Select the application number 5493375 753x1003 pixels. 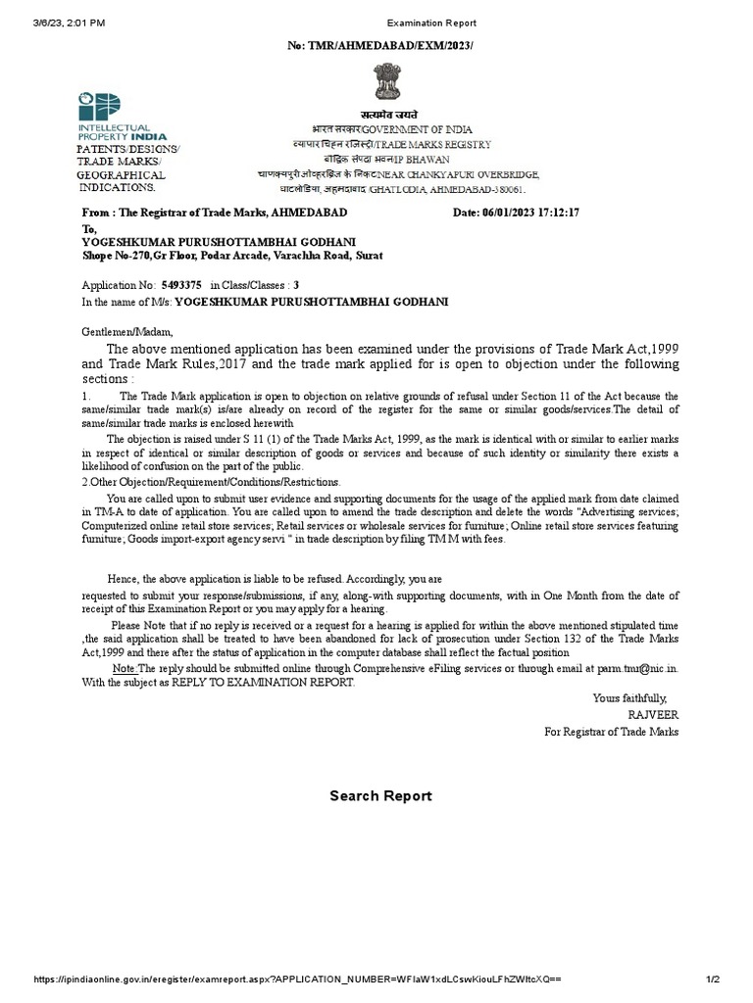[181, 285]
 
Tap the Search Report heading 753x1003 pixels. [380, 796]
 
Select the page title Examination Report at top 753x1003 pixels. [431, 23]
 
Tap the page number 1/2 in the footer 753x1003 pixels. [713, 979]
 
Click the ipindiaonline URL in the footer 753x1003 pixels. [296, 979]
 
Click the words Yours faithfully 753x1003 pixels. [629, 698]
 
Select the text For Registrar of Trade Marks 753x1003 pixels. [611, 732]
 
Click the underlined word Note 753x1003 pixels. [125, 667]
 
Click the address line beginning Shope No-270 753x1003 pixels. [232, 256]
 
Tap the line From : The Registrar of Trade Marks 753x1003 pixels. [213, 213]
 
